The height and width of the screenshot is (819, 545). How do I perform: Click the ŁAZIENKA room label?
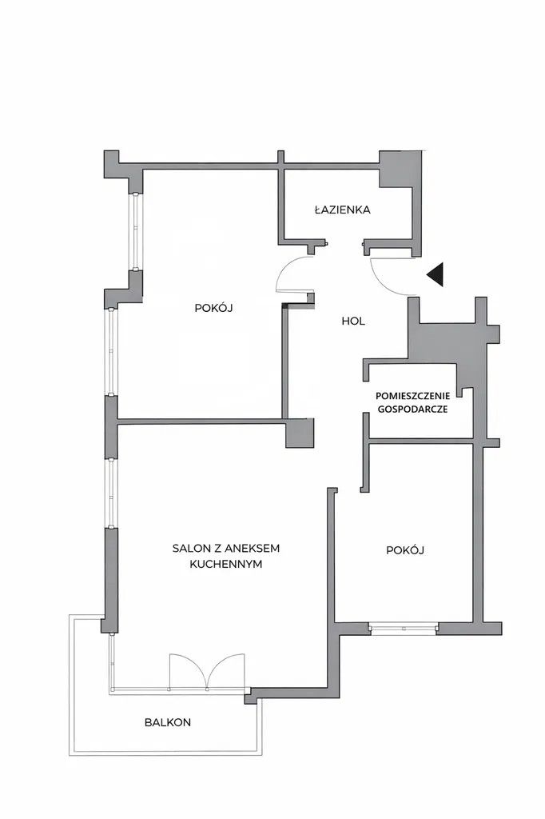[x=343, y=210]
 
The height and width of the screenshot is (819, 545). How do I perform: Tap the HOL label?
[x=353, y=322]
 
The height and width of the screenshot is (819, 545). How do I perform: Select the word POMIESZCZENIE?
[x=412, y=397]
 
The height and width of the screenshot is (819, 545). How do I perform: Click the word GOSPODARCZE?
[x=412, y=409]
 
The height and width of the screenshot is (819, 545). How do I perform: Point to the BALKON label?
[x=168, y=722]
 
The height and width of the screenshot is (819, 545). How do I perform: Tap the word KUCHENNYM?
[x=225, y=564]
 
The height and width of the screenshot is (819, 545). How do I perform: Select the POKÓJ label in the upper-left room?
[x=213, y=308]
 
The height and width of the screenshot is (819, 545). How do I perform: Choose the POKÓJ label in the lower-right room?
[x=405, y=550]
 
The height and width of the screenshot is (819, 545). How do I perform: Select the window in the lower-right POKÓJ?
[x=404, y=628]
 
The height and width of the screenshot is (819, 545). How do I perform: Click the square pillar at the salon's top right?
[x=300, y=433]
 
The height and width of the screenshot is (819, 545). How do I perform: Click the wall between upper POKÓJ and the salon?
[x=201, y=419]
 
